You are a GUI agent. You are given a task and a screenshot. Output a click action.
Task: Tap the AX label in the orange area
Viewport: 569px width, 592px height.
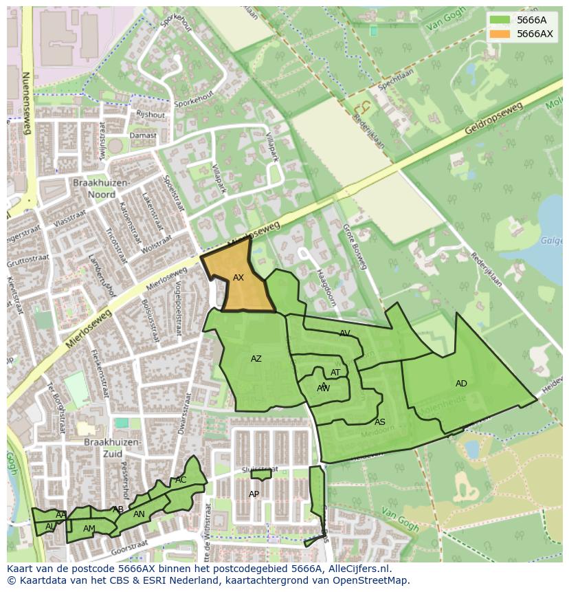click(238, 278)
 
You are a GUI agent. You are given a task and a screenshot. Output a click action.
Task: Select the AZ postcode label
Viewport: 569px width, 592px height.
click(256, 359)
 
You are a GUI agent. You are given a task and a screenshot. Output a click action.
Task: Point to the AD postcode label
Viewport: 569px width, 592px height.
click(461, 384)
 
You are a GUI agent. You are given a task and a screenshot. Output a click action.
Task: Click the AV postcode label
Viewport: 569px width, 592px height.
click(345, 333)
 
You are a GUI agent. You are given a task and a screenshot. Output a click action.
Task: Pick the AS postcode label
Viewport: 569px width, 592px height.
click(380, 422)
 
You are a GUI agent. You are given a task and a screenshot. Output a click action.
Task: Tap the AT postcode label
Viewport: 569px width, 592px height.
click(335, 373)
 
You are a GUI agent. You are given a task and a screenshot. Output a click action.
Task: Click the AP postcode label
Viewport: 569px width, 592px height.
click(254, 494)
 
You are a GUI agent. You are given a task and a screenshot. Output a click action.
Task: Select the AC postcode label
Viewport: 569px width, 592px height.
click(181, 480)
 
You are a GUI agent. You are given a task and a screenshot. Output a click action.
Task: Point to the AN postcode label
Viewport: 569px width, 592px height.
click(139, 514)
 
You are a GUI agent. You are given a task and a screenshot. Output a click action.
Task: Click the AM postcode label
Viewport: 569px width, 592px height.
click(89, 529)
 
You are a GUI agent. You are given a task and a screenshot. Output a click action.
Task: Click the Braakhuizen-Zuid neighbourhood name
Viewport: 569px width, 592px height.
click(113, 448)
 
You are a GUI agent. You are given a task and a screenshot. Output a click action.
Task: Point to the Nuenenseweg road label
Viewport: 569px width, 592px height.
click(26, 104)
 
